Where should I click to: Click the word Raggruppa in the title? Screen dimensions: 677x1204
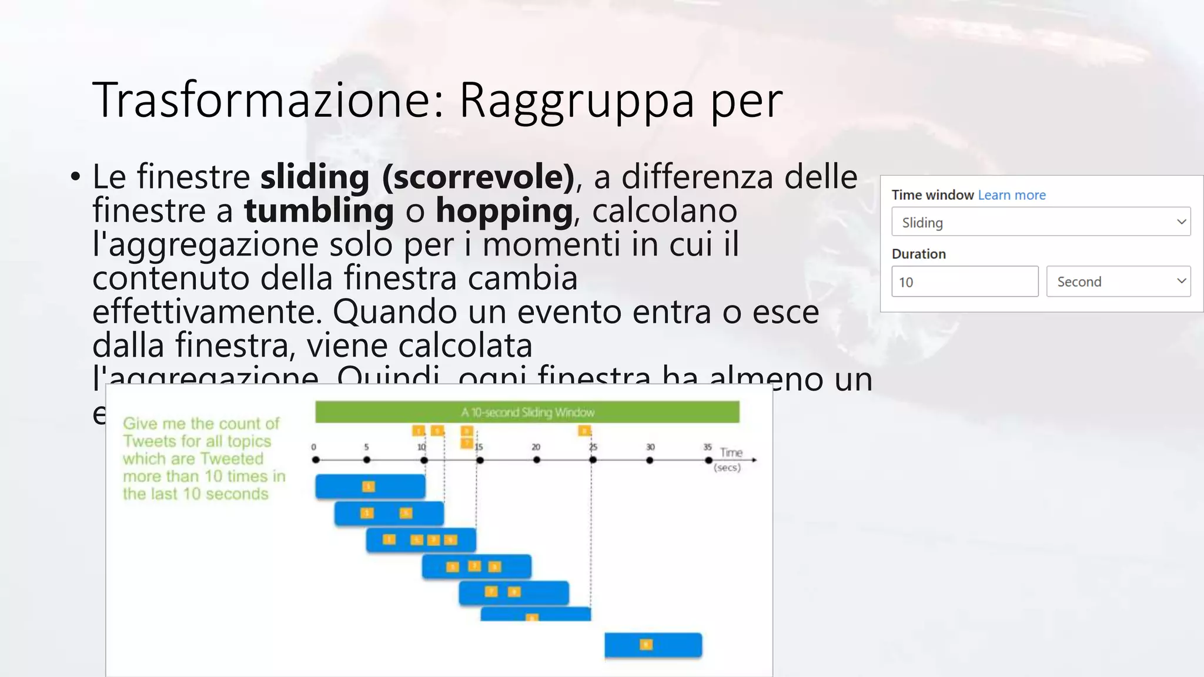(576, 100)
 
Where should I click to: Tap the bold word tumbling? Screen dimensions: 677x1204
(319, 210)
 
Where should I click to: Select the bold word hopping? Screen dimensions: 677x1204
(504, 210)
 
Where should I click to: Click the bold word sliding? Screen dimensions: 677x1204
(315, 176)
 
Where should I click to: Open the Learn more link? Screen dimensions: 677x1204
(1011, 195)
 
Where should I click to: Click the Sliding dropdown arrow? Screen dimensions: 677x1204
(1181, 222)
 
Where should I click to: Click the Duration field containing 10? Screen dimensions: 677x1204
(964, 281)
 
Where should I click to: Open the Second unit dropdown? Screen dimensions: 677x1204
(1118, 281)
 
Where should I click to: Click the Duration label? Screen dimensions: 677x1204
(918, 254)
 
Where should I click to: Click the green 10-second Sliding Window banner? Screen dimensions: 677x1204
(527, 412)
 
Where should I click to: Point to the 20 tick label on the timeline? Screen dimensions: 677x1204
(536, 447)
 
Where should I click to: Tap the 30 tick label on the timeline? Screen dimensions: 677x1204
(650, 447)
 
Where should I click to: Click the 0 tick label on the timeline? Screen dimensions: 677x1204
(314, 447)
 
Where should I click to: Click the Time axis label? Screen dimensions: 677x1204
(731, 453)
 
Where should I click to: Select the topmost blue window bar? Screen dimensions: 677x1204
(370, 487)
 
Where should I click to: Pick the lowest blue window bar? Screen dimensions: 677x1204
(653, 645)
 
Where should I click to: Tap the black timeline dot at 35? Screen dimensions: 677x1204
(708, 460)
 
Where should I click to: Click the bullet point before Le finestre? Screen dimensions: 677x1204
(75, 176)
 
